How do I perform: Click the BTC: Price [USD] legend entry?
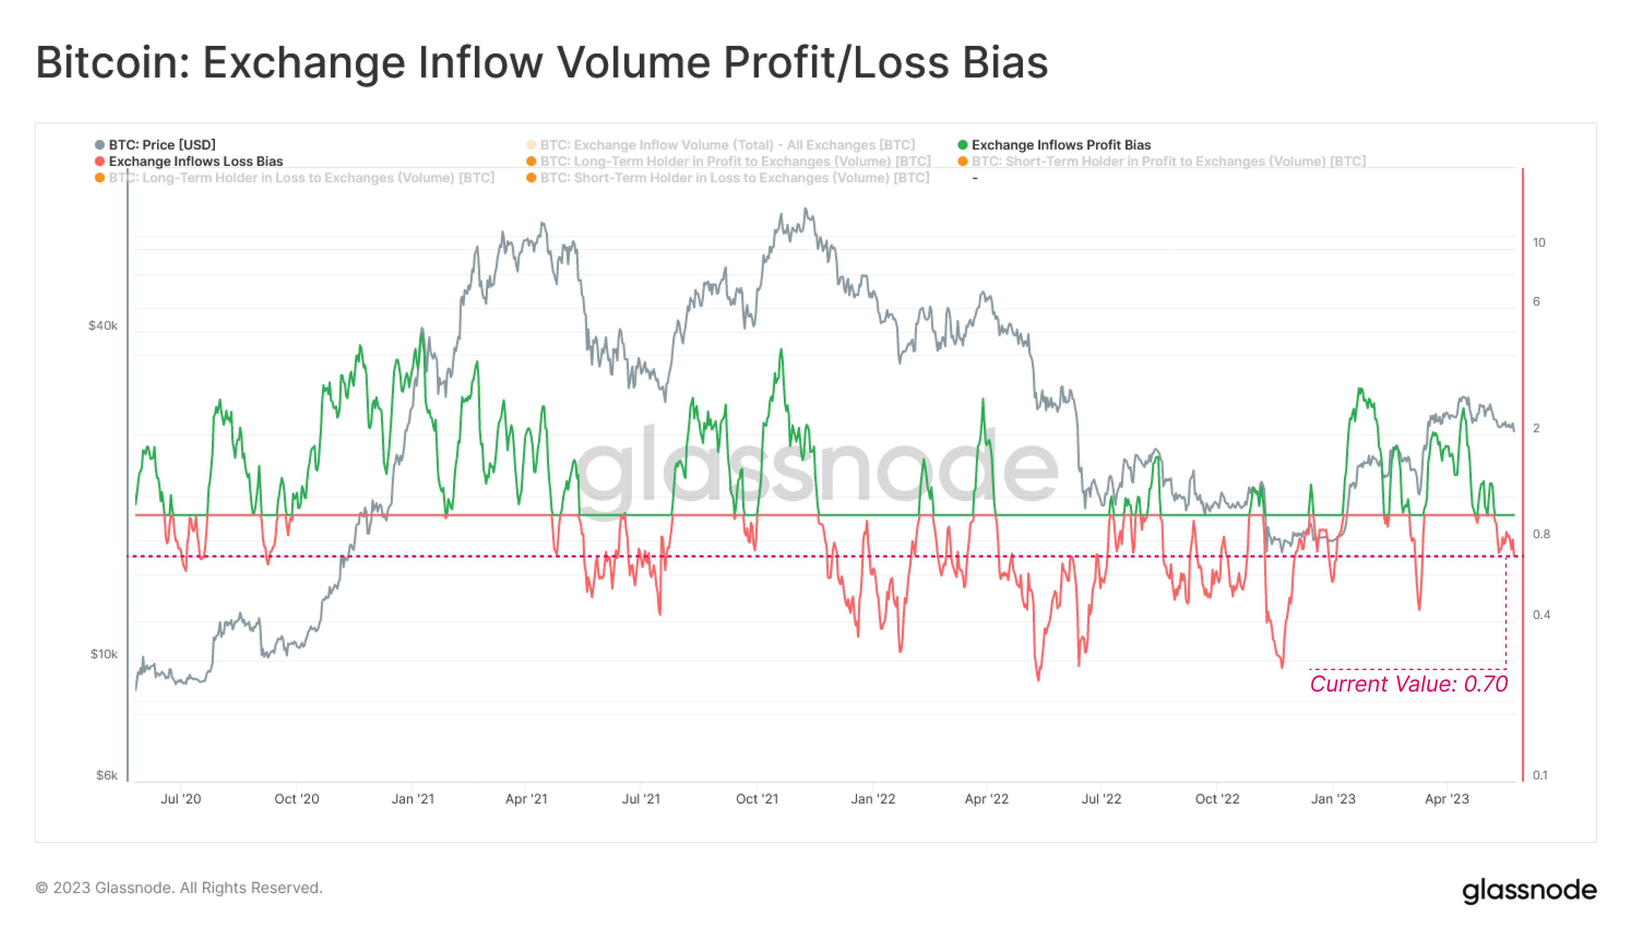point(161,145)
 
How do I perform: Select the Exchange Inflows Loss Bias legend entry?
point(195,161)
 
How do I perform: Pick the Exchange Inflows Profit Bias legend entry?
point(1060,145)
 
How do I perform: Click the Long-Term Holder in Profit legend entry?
point(735,161)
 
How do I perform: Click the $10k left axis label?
point(104,654)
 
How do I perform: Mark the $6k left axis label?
point(107,775)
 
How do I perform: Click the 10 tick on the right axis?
point(1539,243)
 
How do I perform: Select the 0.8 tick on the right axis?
point(1541,534)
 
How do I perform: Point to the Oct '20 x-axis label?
point(296,799)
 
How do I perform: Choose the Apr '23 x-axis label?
point(1446,799)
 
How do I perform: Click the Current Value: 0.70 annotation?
point(1408,684)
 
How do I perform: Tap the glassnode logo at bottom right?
point(1529,890)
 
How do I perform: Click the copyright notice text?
point(179,888)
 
